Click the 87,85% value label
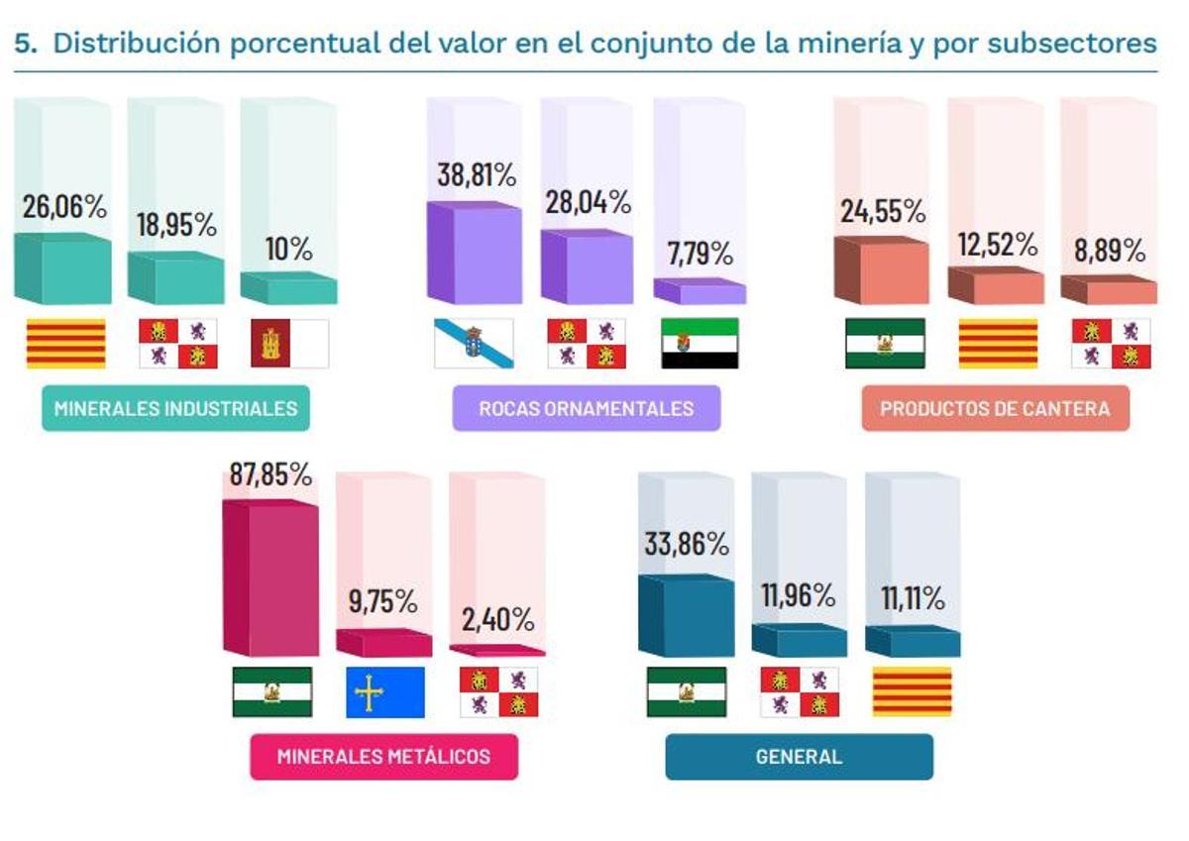[x=270, y=475]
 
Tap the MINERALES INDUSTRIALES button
[x=175, y=408]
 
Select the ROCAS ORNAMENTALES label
[x=586, y=408]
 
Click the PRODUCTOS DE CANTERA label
[x=995, y=408]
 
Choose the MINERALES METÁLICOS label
[x=383, y=757]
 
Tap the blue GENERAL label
[x=799, y=757]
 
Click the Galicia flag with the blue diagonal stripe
[x=474, y=344]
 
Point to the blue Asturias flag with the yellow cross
[x=384, y=691]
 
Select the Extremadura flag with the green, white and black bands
[x=700, y=344]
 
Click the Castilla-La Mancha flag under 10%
[x=289, y=344]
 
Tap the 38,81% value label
[x=476, y=175]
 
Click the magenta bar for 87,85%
[x=271, y=579]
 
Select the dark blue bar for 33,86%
[x=686, y=616]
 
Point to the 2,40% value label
[x=497, y=620]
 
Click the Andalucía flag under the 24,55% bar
[x=885, y=344]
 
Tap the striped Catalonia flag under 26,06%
[x=65, y=344]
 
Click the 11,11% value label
[x=913, y=598]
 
